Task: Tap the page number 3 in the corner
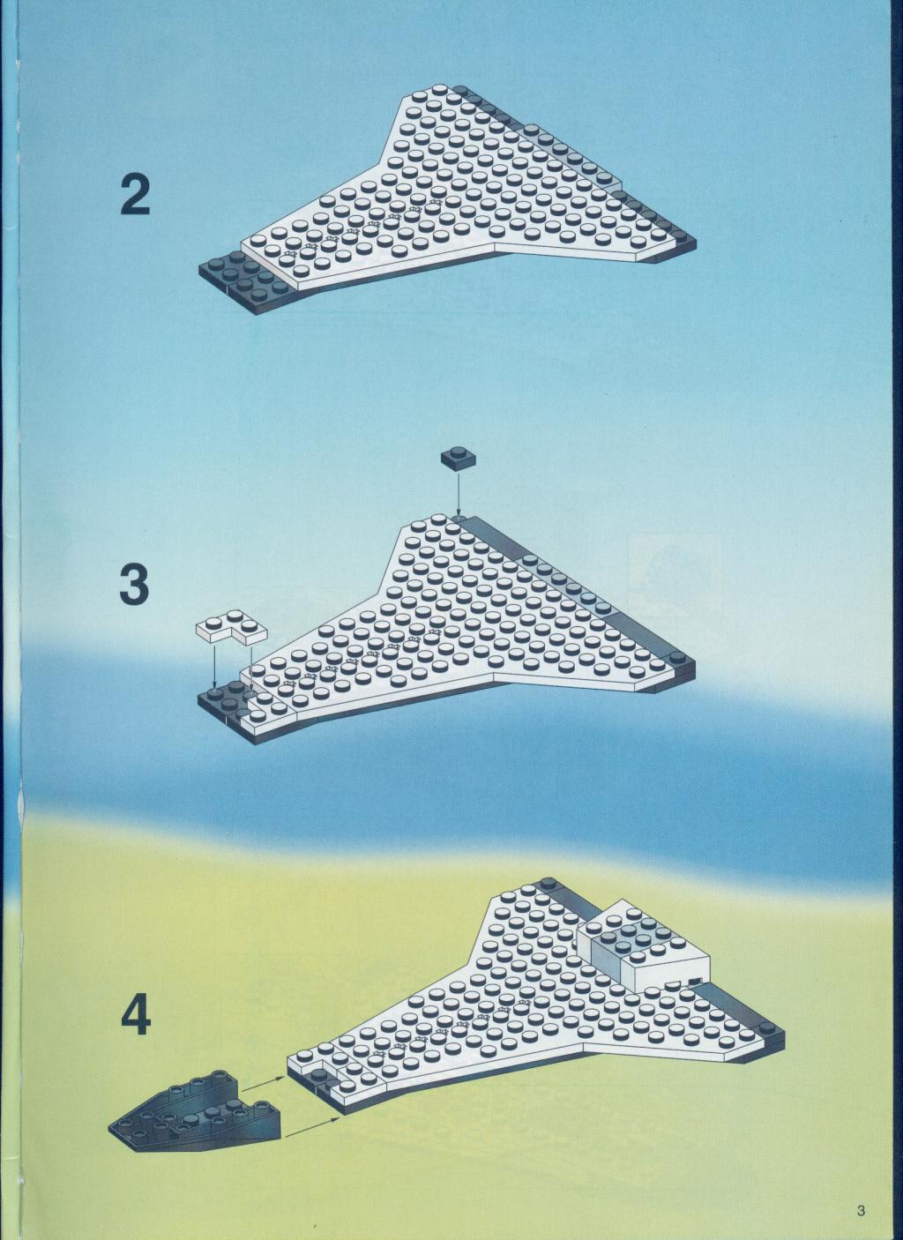click(x=861, y=1191)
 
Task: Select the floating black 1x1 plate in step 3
click(x=459, y=457)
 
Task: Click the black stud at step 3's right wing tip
click(x=678, y=658)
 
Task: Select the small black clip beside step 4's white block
click(x=694, y=981)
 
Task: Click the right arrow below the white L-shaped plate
click(x=250, y=667)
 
